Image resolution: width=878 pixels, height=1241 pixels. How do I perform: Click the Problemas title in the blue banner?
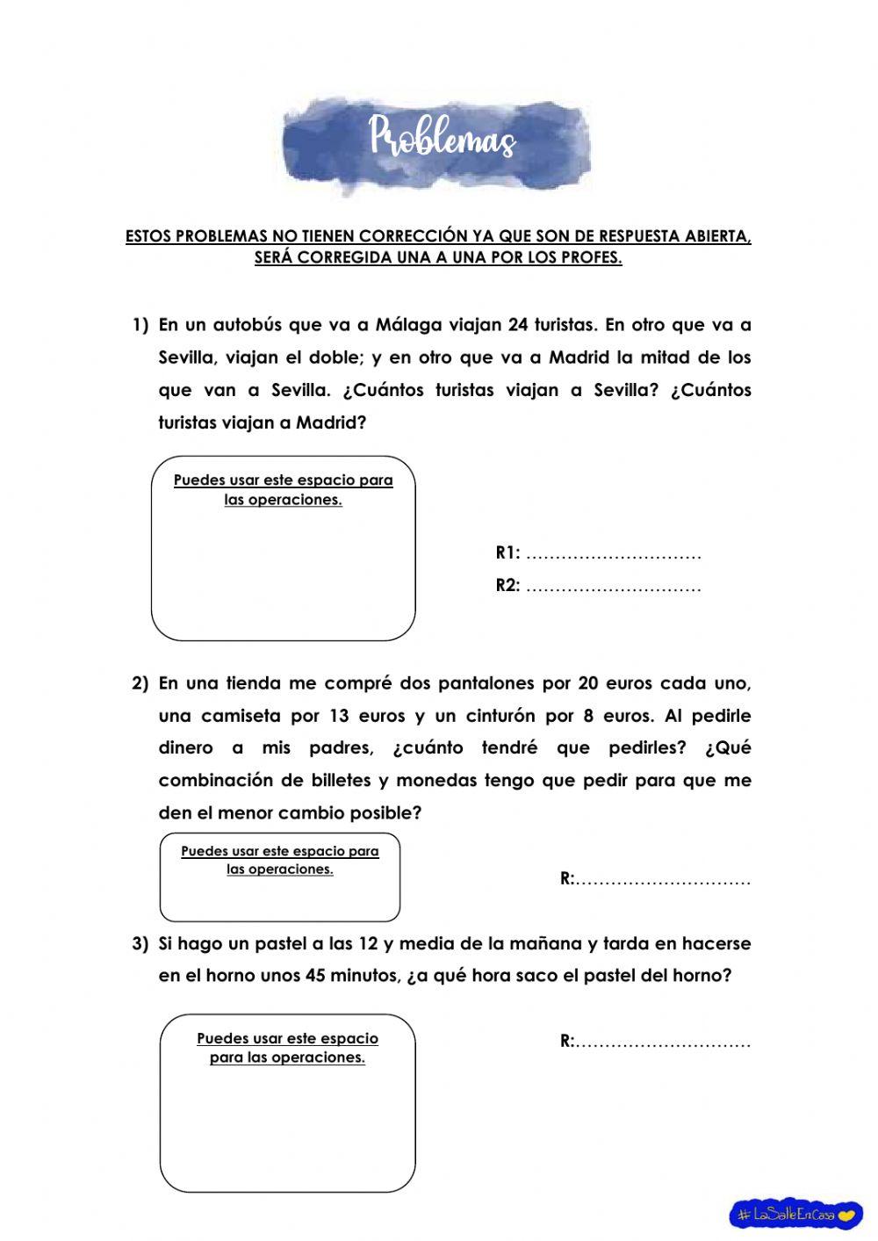click(442, 137)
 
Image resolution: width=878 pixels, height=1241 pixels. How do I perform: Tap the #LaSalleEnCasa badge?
click(795, 1215)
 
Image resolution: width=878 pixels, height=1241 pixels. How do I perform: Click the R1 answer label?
click(507, 552)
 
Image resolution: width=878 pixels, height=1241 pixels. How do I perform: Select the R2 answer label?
click(507, 586)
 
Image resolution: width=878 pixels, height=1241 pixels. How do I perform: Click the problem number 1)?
click(140, 325)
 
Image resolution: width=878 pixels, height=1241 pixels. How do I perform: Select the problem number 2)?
click(140, 683)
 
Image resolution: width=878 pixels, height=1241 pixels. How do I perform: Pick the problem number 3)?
click(140, 944)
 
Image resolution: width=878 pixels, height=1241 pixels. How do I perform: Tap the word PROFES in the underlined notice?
click(592, 258)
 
